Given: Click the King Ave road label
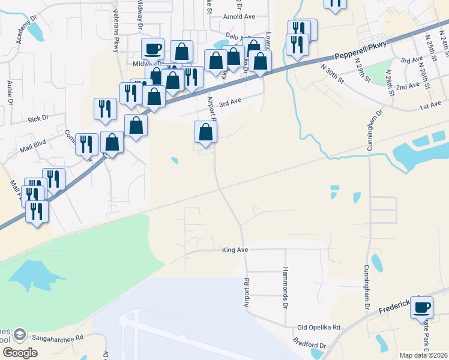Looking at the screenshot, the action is pos(235,249).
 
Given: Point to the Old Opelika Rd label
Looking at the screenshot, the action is pos(319,328).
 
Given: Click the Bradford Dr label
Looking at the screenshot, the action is pos(310,346).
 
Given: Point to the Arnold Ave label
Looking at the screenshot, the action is pos(239,17).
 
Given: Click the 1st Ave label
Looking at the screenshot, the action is pos(430,106).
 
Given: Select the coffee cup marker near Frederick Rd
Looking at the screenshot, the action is pos(422,307).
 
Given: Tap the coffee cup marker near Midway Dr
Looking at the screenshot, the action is pos(152,48).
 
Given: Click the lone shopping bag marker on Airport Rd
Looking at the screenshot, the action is pos(205,131).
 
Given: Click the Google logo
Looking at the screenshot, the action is pos(20,353).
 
